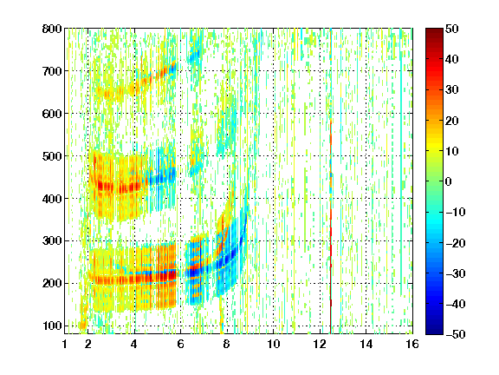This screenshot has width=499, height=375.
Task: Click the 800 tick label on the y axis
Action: (x=52, y=29)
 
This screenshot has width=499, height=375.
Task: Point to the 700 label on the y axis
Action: (x=52, y=71)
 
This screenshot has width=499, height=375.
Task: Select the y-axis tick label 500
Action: (x=52, y=156)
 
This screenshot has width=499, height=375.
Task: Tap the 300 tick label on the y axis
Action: (x=52, y=241)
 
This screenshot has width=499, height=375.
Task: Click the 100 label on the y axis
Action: (x=52, y=326)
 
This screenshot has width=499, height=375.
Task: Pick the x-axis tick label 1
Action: (x=65, y=344)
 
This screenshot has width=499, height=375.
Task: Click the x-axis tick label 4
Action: (x=134, y=344)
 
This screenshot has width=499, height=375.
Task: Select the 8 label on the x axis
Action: (x=226, y=344)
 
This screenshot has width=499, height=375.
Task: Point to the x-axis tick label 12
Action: (x=320, y=344)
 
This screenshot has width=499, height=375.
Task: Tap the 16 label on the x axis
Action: (x=412, y=344)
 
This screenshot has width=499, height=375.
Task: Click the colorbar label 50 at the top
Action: (x=451, y=29)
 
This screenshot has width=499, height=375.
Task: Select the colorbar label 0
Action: (x=449, y=181)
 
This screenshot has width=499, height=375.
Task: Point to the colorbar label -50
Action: (x=456, y=334)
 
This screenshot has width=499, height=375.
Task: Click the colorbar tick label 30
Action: (x=451, y=90)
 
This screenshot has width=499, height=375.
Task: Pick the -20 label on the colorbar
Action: (x=456, y=243)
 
